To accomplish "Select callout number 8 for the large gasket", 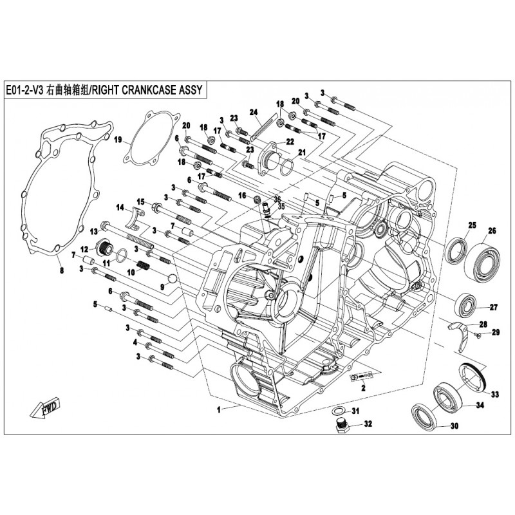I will click(62, 271).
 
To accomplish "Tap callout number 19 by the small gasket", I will click(118, 140).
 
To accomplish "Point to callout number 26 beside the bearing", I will click(492, 231).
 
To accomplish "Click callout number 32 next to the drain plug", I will click(368, 424).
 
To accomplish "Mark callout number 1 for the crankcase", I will click(218, 409).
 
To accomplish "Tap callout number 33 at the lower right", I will click(495, 394).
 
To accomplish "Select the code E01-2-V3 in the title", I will click(23, 91).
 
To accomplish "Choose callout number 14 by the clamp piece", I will click(120, 207).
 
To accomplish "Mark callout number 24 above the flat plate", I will click(254, 111).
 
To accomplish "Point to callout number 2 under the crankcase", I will click(363, 389).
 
